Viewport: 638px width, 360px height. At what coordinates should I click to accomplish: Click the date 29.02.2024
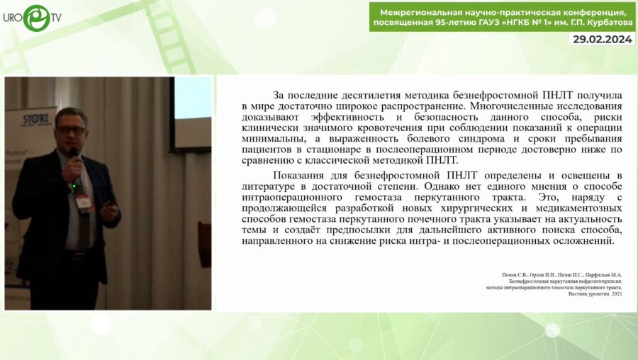coord(602,39)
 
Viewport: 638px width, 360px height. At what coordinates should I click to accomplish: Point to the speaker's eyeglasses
coord(70,130)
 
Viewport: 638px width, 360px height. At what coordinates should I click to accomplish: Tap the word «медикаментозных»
coord(575,208)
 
